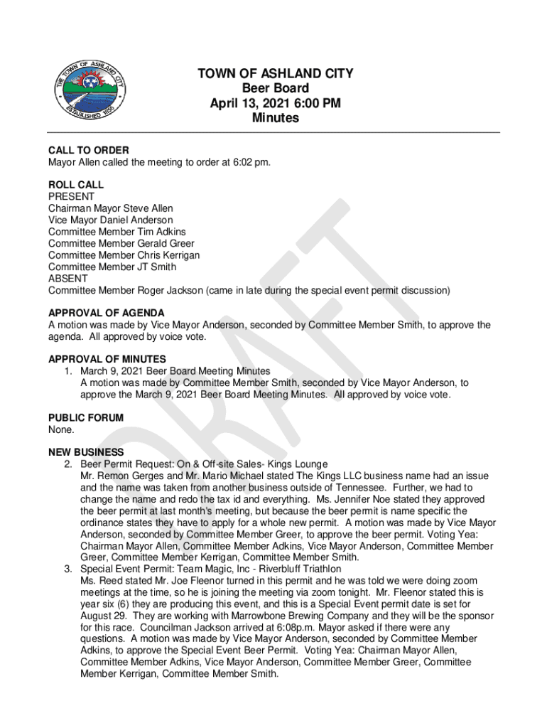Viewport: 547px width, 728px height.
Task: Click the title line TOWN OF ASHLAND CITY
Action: pos(275,74)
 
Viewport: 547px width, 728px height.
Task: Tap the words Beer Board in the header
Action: pos(276,89)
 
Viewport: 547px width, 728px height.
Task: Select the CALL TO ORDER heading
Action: pos(89,151)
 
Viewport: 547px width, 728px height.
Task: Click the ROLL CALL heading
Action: pos(76,185)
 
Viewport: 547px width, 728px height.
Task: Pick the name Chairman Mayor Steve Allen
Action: pos(111,208)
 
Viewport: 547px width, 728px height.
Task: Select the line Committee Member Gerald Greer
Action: pos(121,244)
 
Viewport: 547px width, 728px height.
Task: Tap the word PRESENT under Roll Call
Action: pos(71,197)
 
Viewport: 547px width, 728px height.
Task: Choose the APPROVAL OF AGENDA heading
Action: pos(107,314)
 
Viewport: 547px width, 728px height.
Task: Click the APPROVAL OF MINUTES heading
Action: pos(107,360)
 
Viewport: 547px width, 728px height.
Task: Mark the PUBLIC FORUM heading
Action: pos(86,418)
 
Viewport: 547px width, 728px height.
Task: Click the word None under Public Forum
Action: pos(61,429)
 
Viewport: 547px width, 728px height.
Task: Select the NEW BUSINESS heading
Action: pos(86,453)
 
